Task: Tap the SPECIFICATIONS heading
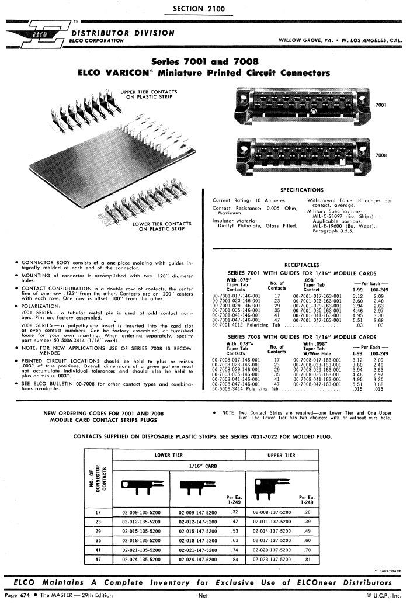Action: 301,190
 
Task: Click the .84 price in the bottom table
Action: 235,559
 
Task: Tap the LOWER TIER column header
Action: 169,454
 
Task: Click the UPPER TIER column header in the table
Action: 284,454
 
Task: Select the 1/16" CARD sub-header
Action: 203,466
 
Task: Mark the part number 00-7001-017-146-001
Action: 236,296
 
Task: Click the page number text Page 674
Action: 19,595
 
